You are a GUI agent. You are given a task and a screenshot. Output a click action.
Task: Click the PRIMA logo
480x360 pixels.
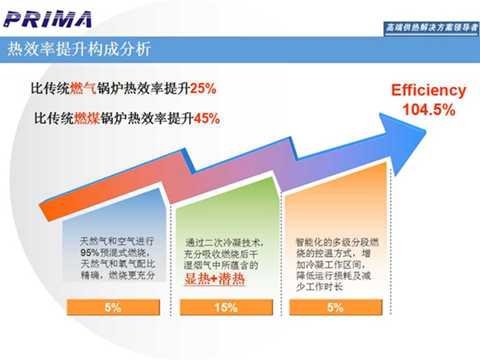tap(48, 19)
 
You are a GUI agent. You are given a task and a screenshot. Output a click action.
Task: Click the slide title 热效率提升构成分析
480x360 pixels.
tap(79, 49)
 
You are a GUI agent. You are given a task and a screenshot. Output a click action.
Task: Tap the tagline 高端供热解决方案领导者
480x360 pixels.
tap(431, 28)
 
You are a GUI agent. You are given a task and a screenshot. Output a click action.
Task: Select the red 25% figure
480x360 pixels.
tap(203, 88)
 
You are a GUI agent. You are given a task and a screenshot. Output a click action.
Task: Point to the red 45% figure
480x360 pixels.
tap(206, 118)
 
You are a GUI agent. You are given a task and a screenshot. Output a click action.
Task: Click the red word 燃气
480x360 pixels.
tap(83, 88)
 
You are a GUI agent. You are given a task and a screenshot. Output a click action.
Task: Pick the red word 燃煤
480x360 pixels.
tap(86, 118)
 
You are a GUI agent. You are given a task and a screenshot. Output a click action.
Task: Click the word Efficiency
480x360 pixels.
tap(429, 91)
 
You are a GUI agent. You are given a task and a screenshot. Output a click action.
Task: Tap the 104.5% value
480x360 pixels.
tap(429, 110)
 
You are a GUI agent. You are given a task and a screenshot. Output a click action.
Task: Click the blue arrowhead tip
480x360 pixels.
tap(426, 132)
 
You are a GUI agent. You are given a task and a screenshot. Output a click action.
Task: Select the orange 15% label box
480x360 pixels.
tap(226, 307)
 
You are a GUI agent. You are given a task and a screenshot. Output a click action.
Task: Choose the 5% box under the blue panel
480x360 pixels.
tap(113, 307)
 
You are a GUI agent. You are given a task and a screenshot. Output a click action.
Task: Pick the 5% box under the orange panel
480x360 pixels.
tap(335, 307)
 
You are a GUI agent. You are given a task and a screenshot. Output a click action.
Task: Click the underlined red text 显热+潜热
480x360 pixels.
tap(214, 279)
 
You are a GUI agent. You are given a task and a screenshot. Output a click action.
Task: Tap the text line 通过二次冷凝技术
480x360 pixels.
tap(224, 243)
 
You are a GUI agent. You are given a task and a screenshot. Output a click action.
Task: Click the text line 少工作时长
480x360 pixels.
tap(319, 287)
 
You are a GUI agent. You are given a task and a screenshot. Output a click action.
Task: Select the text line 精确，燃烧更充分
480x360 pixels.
tap(118, 275)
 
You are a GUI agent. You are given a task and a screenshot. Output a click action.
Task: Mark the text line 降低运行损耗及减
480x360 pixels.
tap(334, 276)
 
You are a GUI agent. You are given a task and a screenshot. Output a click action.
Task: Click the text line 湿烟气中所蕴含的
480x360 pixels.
tap(221, 265)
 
